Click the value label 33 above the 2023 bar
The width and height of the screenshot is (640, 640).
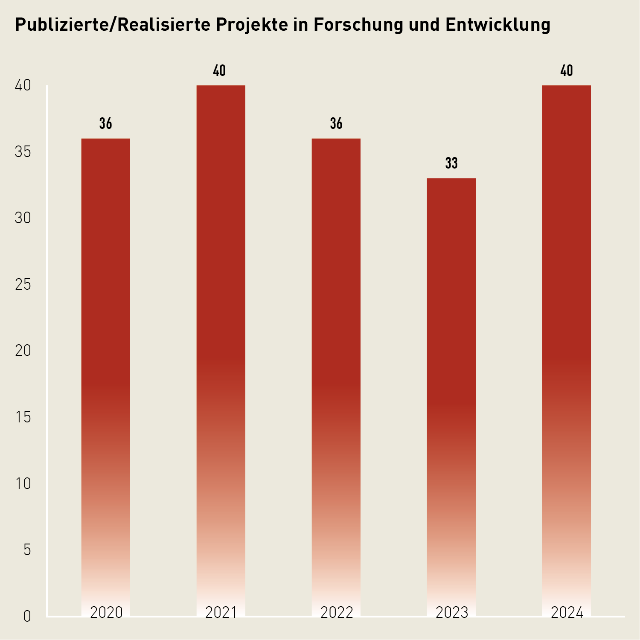pyautogui.click(x=451, y=163)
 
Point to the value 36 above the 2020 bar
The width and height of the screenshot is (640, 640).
pyautogui.click(x=106, y=124)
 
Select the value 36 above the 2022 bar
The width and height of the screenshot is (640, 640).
pyautogui.click(x=336, y=124)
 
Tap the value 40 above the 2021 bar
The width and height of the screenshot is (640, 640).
pyautogui.click(x=219, y=71)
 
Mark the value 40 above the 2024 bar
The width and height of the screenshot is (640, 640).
pyautogui.click(x=567, y=71)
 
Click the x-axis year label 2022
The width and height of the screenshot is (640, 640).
pyautogui.click(x=337, y=613)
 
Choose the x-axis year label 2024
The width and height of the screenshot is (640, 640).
pyautogui.click(x=567, y=613)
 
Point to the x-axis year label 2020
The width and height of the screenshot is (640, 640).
pyautogui.click(x=107, y=613)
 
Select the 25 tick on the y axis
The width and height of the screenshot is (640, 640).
pyautogui.click(x=23, y=285)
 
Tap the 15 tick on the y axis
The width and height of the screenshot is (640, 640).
pyautogui.click(x=23, y=417)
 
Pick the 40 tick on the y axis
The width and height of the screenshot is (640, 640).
pyautogui.click(x=23, y=86)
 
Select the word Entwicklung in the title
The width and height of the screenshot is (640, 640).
pyautogui.click(x=498, y=25)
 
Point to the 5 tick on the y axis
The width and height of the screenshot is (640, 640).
pyautogui.click(x=27, y=550)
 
